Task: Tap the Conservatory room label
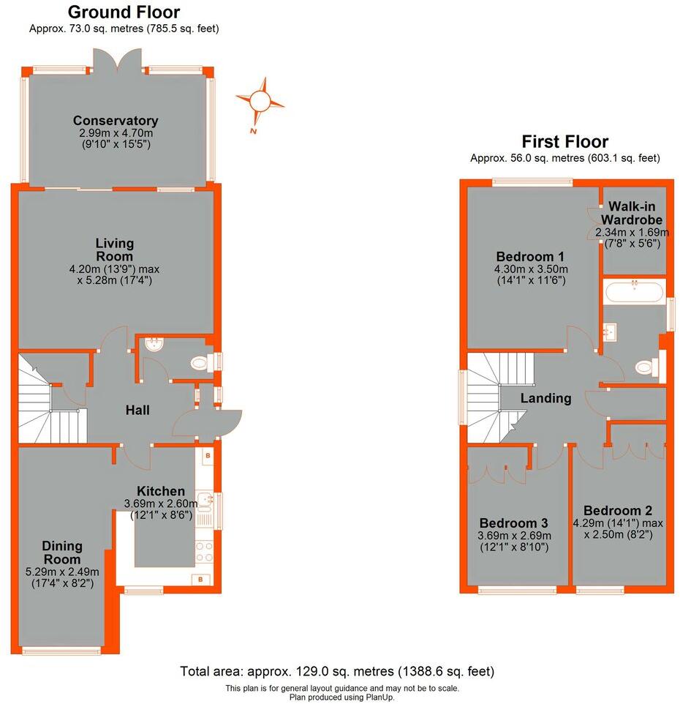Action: coord(116,121)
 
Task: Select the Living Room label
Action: coord(115,250)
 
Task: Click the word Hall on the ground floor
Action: coord(137,411)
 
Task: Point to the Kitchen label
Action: coord(161,491)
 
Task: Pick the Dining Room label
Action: coord(61,553)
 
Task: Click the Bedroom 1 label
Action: coord(530,257)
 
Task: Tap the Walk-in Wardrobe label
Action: coord(632,213)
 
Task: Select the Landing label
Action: coord(545,399)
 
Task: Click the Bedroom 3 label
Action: coord(513,523)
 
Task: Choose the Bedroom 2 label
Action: coord(618,511)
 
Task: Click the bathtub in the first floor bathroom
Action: coord(634,293)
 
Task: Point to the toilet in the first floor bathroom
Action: coord(644,367)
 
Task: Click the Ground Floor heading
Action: coord(124,12)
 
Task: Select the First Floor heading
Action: coord(564,141)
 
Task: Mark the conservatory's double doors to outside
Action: coord(121,61)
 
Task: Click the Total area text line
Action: coord(338,671)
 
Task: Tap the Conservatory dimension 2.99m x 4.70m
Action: coord(116,134)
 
